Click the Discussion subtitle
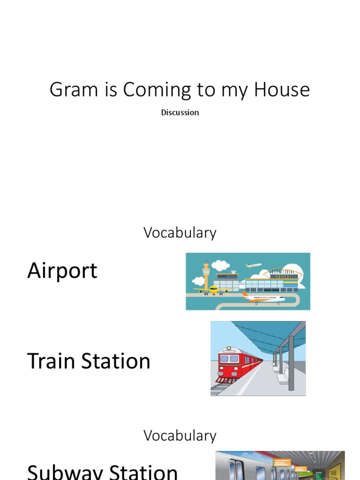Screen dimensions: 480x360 click(x=180, y=112)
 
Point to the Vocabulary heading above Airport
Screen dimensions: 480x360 click(x=180, y=232)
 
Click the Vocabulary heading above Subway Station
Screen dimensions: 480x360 click(x=180, y=435)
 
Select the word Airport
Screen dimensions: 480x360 click(x=62, y=271)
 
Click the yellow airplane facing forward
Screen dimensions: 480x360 click(x=214, y=289)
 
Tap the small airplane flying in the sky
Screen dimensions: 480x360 click(x=254, y=265)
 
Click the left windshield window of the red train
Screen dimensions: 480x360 click(x=224, y=359)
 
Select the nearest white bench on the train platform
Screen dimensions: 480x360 click(x=284, y=378)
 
